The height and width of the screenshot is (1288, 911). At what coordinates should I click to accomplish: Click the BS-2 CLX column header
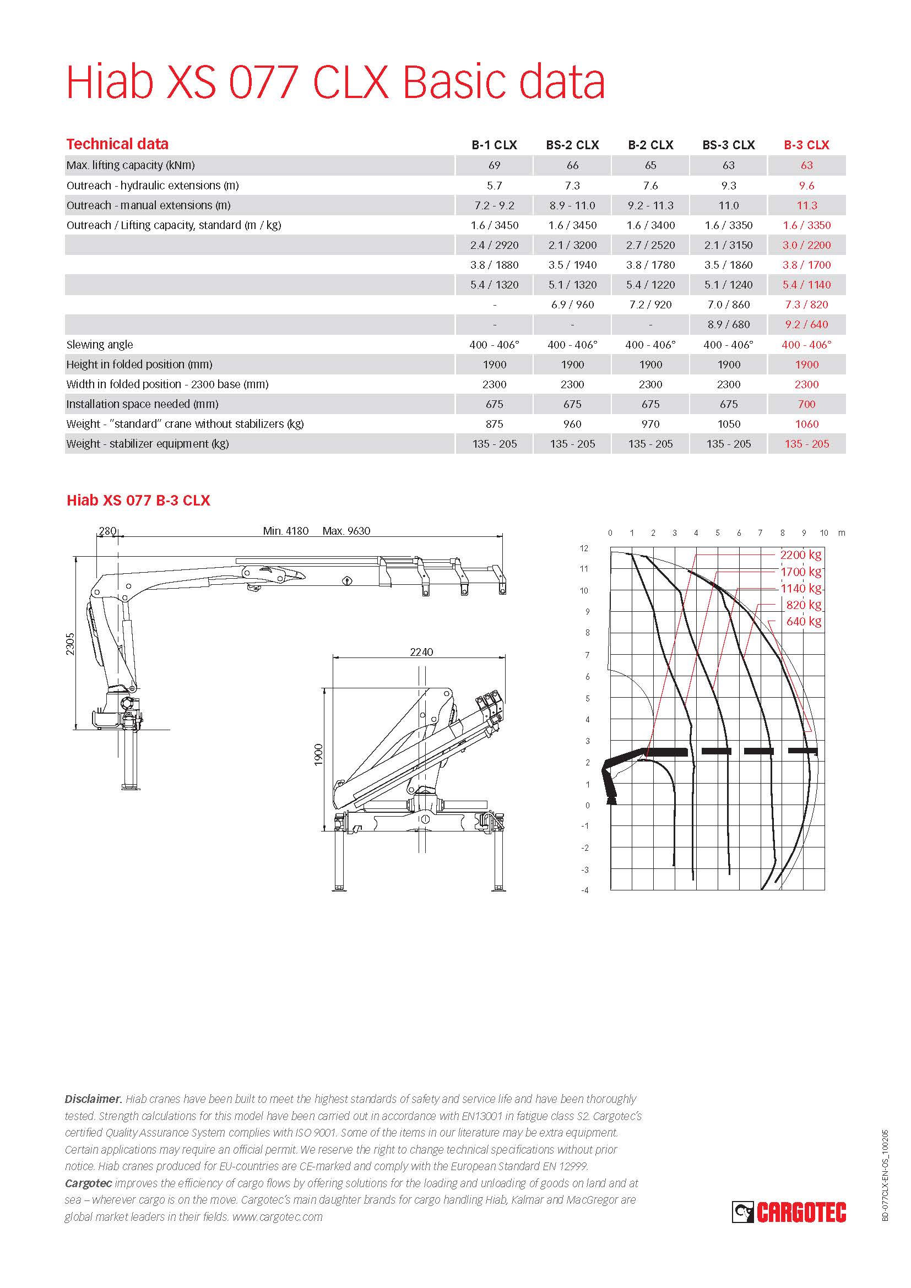[x=572, y=145]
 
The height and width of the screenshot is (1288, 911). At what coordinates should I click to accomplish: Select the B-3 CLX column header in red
[x=806, y=145]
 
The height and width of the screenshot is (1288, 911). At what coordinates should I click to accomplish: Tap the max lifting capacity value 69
[x=494, y=166]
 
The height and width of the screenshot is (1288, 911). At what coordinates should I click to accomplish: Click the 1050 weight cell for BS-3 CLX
[x=729, y=424]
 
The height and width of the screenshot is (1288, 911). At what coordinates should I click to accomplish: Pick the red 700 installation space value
[x=806, y=404]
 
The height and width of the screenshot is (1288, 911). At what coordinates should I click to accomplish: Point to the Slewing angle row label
[x=100, y=344]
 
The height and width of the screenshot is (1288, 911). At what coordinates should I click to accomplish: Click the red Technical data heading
[x=117, y=144]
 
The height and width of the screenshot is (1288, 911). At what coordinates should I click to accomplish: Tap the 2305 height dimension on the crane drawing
[x=70, y=643]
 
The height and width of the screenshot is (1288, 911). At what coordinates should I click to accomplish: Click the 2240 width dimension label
[x=421, y=652]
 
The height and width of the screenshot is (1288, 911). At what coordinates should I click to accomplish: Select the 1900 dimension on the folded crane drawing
[x=318, y=754]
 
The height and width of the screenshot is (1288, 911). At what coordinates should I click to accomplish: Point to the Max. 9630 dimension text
[x=346, y=531]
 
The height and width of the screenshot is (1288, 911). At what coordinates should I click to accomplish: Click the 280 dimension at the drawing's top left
[x=107, y=531]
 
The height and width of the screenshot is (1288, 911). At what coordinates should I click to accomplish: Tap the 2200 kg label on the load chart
[x=800, y=555]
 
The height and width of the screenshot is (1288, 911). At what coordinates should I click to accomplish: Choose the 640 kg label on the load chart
[x=803, y=621]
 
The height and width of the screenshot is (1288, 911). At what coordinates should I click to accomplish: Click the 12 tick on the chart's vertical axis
[x=584, y=548]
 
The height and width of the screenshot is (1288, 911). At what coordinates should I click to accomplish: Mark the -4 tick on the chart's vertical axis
[x=585, y=890]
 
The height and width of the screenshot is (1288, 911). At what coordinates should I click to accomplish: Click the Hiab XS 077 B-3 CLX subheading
[x=138, y=501]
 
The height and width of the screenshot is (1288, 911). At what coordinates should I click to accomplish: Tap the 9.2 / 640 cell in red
[x=806, y=324]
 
